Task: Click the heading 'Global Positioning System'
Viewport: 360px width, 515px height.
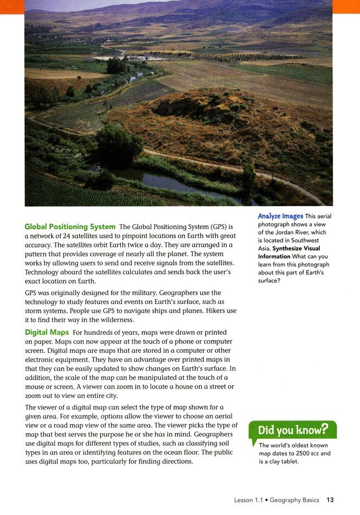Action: [70, 226]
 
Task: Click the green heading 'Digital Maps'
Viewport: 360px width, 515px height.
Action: [47, 333]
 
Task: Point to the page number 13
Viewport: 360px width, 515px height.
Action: [330, 500]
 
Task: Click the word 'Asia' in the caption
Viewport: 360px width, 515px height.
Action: [265, 248]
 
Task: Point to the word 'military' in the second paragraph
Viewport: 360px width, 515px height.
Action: [188, 293]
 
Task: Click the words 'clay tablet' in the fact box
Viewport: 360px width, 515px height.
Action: [282, 462]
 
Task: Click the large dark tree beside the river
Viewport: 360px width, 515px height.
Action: [118, 146]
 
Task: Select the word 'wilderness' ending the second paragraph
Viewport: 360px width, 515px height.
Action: [112, 320]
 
